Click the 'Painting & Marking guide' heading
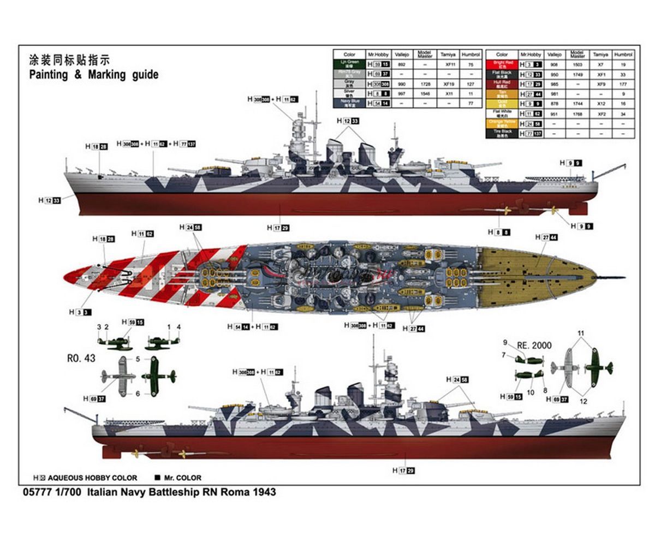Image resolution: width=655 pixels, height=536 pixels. pyautogui.click(x=94, y=75)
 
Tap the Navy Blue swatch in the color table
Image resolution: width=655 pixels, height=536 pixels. pyautogui.click(x=349, y=103)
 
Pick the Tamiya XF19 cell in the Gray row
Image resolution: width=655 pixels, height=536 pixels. pyautogui.click(x=449, y=84)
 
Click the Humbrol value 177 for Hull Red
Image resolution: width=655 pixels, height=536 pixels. pyautogui.click(x=623, y=84)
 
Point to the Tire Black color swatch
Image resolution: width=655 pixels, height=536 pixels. pyautogui.click(x=502, y=133)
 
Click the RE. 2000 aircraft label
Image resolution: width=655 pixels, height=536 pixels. pyautogui.click(x=534, y=346)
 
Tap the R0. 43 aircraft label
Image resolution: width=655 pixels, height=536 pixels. pyautogui.click(x=81, y=359)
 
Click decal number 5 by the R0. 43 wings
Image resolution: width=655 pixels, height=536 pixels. pyautogui.click(x=138, y=359)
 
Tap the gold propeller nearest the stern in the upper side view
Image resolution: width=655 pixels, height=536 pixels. pyautogui.click(x=554, y=210)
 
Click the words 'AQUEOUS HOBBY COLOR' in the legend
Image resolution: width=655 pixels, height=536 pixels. pyautogui.click(x=93, y=478)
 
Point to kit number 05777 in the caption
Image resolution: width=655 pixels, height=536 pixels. pyautogui.click(x=36, y=492)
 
